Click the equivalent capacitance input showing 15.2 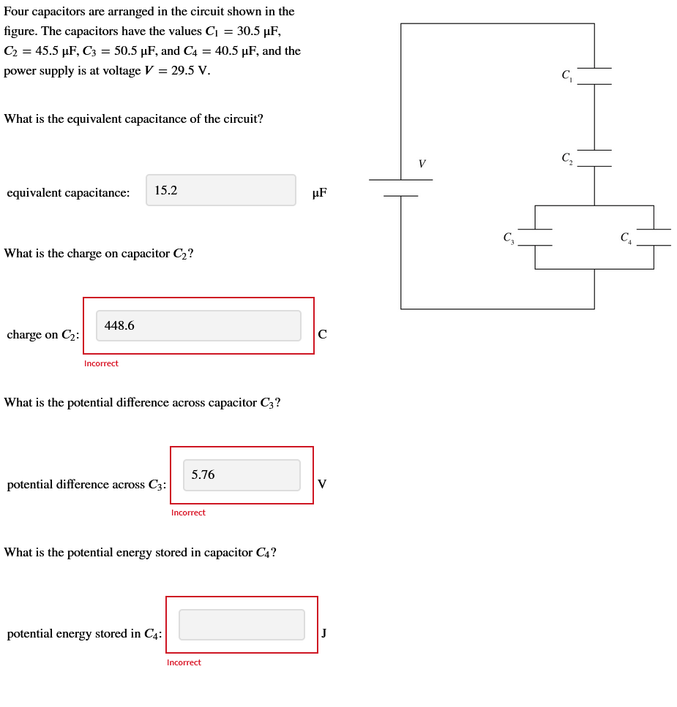[x=221, y=190]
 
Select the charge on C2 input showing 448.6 [x=198, y=325]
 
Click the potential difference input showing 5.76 [x=242, y=475]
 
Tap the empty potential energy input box [x=242, y=625]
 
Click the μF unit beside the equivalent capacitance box [x=319, y=193]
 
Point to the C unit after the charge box [x=322, y=335]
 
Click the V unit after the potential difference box [x=322, y=485]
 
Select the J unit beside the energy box [x=323, y=633]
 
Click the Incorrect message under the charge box [x=101, y=363]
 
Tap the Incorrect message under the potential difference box [x=188, y=513]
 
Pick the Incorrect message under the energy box [x=184, y=662]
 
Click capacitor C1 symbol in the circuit [x=594, y=77]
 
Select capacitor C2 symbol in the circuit [x=594, y=159]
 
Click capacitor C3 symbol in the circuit [x=535, y=238]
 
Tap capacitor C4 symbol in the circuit [x=653, y=238]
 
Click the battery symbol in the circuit [x=400, y=188]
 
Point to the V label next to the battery [x=422, y=164]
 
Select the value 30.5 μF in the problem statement [x=258, y=31]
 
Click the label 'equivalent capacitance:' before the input [x=68, y=193]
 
